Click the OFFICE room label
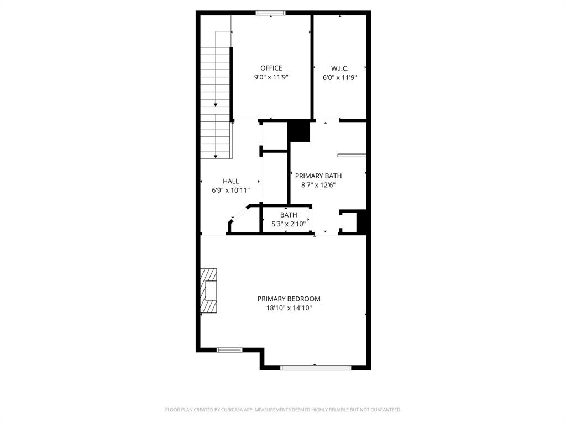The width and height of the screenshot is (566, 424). (271, 68)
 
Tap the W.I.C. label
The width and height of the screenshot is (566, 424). (339, 68)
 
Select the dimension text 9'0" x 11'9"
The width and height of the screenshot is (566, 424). (271, 78)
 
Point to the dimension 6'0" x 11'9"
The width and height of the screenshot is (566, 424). (339, 78)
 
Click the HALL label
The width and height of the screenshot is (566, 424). (230, 181)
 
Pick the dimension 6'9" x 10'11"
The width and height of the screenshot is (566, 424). (230, 190)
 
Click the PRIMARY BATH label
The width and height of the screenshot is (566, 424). (318, 176)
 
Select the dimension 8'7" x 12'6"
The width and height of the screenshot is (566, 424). (318, 185)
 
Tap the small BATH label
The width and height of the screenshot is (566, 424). (288, 215)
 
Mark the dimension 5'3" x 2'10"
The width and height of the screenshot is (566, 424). (288, 224)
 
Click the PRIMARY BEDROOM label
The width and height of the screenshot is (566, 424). (289, 299)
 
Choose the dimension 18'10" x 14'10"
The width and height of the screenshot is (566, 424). (289, 308)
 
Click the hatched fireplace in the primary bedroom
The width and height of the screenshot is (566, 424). (208, 290)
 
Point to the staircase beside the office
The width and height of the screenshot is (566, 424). (215, 102)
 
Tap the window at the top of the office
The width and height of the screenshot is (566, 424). (271, 13)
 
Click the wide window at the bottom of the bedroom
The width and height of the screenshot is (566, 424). (315, 367)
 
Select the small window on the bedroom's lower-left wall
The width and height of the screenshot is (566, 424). (229, 349)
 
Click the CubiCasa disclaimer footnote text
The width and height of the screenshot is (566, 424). (283, 410)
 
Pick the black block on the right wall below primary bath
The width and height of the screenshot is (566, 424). (363, 222)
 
